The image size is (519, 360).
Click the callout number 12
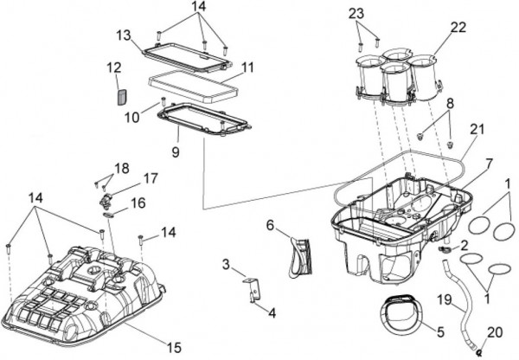(114, 68)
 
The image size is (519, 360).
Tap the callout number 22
(458, 28)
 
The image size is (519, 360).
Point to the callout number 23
(356, 14)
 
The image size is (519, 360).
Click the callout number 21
(477, 129)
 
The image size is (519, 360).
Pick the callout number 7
(490, 164)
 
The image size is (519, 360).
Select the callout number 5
(440, 331)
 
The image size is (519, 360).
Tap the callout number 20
(495, 333)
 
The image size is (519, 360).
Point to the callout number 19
(444, 299)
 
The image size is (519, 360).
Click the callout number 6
(271, 226)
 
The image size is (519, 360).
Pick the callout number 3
(226, 265)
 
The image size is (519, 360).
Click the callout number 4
(272, 313)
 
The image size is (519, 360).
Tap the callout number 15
(174, 348)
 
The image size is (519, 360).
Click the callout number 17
(151, 178)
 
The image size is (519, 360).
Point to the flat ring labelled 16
(109, 215)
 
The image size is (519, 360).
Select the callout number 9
(176, 152)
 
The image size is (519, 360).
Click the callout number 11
(247, 67)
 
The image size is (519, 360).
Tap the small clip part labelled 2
(443, 248)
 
